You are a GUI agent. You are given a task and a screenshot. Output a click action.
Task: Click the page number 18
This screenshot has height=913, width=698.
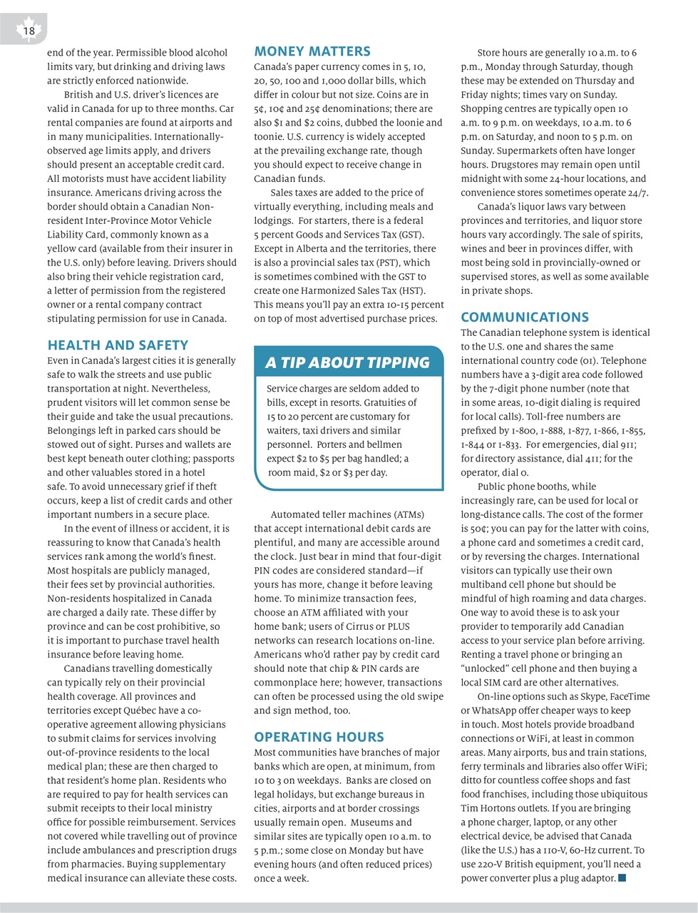tap(29, 31)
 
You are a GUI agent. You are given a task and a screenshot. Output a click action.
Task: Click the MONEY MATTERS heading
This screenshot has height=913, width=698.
tap(312, 51)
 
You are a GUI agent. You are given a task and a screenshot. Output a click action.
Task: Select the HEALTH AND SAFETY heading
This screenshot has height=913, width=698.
tap(118, 345)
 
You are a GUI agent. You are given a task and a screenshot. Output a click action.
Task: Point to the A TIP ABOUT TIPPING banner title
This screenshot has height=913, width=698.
tap(347, 363)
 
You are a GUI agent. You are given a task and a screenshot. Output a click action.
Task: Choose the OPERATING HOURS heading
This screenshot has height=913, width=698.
tap(319, 737)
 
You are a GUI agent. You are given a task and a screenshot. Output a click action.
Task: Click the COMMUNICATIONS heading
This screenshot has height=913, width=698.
tap(525, 317)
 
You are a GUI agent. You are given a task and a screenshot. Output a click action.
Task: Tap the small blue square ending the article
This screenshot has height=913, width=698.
tap(622, 877)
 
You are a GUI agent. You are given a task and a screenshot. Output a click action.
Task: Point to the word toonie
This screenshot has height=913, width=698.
tap(269, 136)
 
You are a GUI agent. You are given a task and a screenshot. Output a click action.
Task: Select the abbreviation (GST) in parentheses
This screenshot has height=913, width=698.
tap(409, 235)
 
